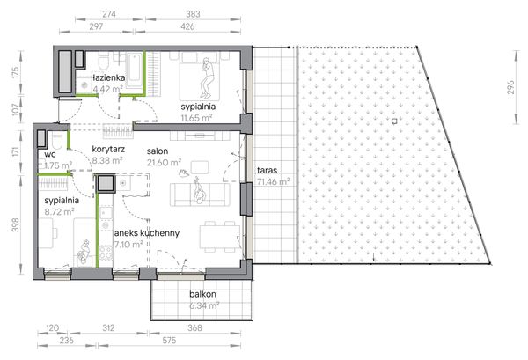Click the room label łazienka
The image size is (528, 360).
coord(109,77)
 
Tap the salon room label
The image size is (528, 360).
coord(158,151)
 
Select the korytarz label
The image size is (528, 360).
coord(108,149)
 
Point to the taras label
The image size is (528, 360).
coord(267,170)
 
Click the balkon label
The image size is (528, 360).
coord(202,294)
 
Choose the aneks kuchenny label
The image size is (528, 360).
coord(147,233)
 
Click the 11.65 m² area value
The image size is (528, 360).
coord(196,118)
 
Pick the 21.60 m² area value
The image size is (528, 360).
coord(164,163)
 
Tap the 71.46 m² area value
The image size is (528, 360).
coord(274,182)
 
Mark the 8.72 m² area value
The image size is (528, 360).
coord(59,212)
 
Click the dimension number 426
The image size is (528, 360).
coord(187,26)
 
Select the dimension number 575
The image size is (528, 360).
coord(169,341)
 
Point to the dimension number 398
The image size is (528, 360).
coord(16,225)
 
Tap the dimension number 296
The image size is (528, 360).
coord(510,87)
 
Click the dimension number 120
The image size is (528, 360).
coord(52,328)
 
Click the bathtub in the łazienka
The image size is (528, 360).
coord(134,70)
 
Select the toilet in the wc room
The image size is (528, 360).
coord(57,141)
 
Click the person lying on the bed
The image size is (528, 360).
coord(206,77)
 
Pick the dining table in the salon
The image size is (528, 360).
coord(220,237)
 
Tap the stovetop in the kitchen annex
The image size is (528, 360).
coord(106,253)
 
